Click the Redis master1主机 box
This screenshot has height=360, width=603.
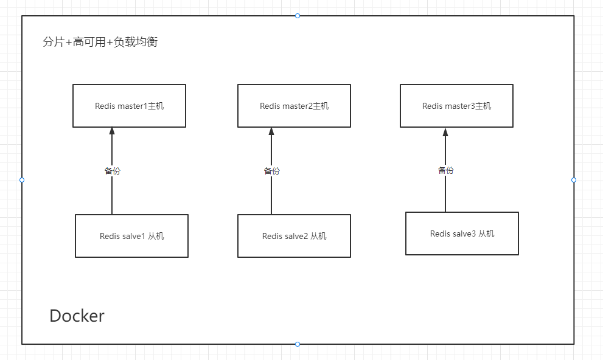[129, 106]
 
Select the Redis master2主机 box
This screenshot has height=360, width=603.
[294, 106]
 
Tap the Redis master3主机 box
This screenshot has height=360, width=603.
[456, 106]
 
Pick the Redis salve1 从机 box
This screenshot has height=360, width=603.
[131, 236]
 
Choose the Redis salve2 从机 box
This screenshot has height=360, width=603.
[294, 236]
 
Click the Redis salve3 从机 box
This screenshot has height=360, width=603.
[462, 234]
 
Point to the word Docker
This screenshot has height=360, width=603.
[77, 316]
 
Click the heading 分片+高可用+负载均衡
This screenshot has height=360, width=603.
[100, 43]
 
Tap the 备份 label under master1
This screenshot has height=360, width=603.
[112, 171]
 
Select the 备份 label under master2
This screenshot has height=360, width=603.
[271, 171]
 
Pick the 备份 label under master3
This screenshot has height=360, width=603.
[445, 170]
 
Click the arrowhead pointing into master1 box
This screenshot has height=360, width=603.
[112, 131]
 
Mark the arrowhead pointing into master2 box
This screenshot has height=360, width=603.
[271, 131]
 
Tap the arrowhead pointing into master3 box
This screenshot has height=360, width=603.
[445, 131]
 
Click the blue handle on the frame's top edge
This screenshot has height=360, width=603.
[298, 16]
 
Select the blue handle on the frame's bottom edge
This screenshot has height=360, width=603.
[298, 344]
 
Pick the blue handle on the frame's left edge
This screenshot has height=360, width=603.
[22, 180]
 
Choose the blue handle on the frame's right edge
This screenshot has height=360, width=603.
[574, 180]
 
